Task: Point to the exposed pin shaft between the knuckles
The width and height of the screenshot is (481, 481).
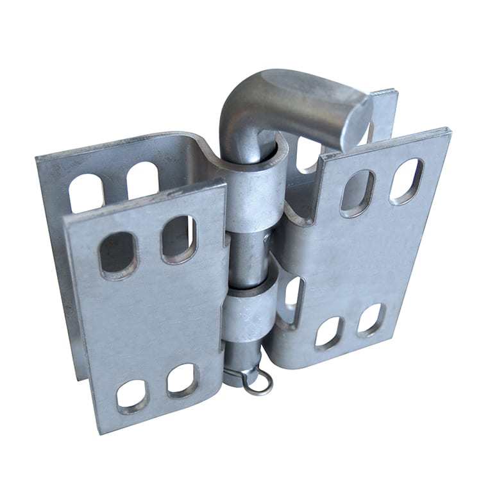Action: click(x=247, y=260)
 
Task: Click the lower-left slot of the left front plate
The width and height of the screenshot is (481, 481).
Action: click(x=132, y=395)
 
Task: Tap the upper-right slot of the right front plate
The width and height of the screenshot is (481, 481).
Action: click(x=407, y=181)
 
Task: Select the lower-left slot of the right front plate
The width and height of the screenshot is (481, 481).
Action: click(x=329, y=332)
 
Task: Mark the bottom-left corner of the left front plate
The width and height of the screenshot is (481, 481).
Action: click(x=98, y=431)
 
